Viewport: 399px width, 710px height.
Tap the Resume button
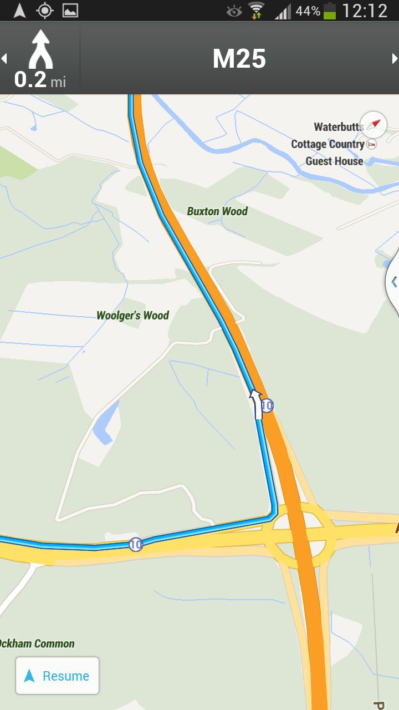[57, 676]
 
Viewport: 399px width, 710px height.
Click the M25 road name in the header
[239, 59]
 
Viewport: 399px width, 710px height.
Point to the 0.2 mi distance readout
[40, 80]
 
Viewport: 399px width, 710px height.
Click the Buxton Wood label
[217, 211]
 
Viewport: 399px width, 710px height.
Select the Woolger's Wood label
[132, 316]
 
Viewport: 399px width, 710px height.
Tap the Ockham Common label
[37, 644]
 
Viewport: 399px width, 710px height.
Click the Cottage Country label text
[328, 144]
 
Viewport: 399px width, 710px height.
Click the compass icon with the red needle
[374, 124]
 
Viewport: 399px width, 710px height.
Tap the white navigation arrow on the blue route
[256, 403]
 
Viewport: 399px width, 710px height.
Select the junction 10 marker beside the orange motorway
[267, 406]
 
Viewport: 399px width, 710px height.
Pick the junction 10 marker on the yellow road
[136, 545]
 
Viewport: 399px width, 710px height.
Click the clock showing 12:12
[365, 11]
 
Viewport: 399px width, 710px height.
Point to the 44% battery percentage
[308, 11]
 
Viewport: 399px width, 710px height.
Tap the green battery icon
[330, 11]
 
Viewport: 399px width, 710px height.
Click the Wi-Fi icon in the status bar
[257, 11]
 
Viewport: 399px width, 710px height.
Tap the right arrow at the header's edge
[395, 58]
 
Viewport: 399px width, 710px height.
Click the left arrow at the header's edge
[4, 58]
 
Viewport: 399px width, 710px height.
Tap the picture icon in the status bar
[70, 11]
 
